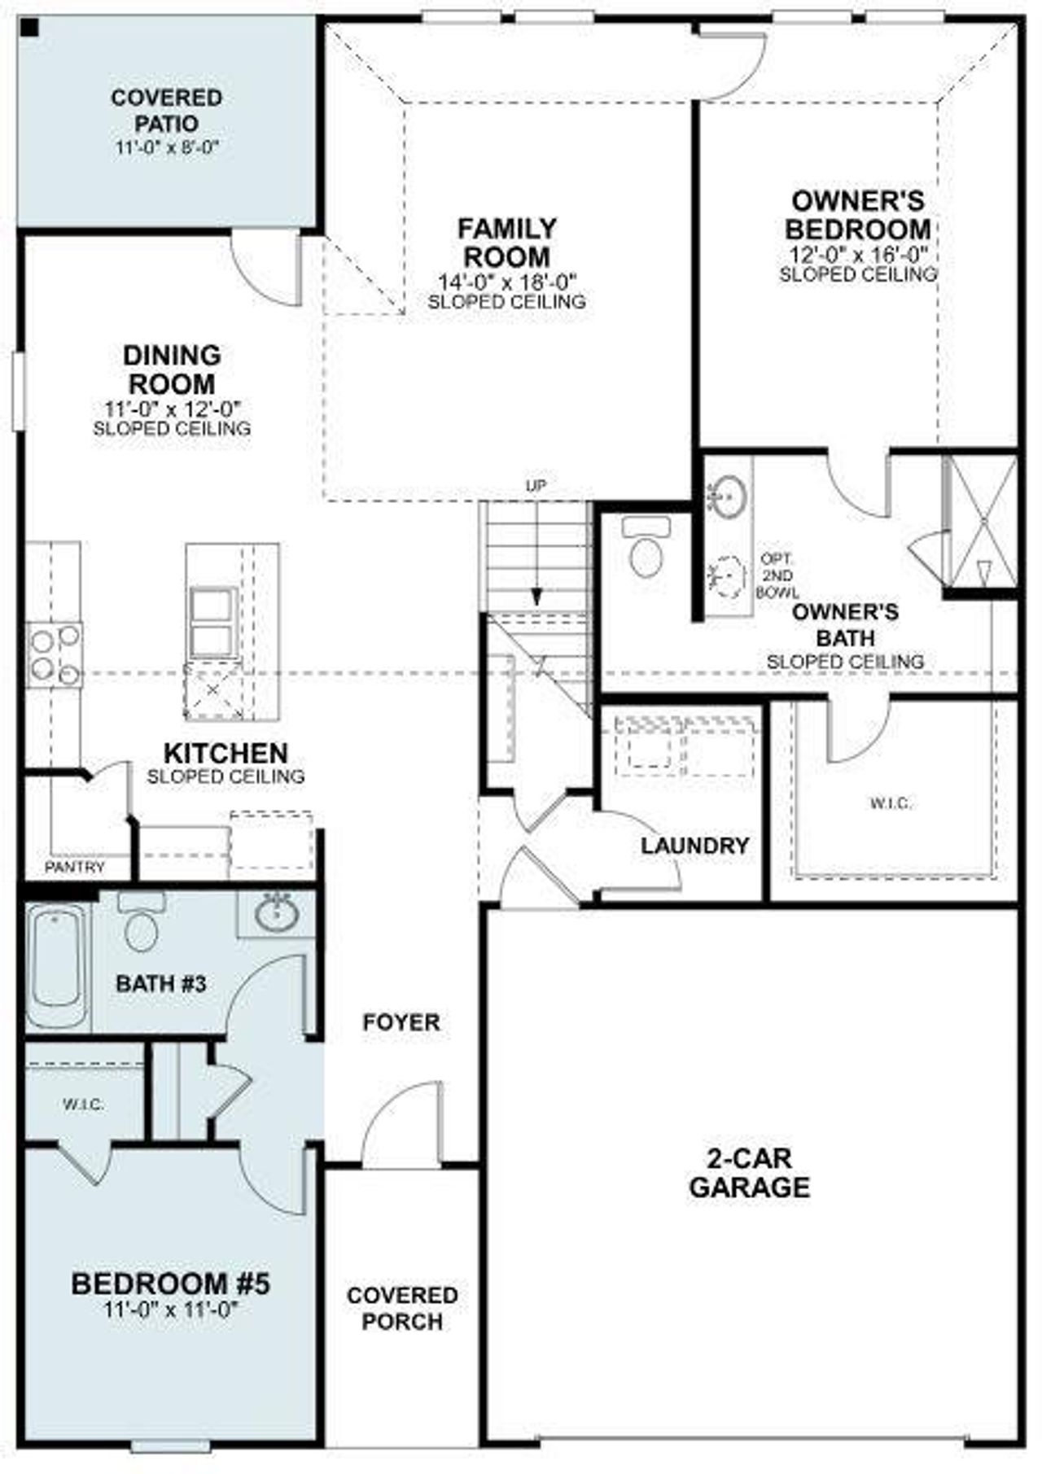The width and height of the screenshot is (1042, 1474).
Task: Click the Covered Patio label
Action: click(x=166, y=111)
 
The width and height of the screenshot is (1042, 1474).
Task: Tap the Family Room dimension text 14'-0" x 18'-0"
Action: click(x=507, y=282)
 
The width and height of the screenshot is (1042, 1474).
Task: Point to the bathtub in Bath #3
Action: click(x=58, y=968)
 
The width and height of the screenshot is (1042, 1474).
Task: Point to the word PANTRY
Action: click(x=75, y=868)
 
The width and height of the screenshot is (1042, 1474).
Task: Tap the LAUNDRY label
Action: click(x=694, y=846)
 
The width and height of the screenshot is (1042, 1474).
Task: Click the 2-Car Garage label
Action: click(x=750, y=1173)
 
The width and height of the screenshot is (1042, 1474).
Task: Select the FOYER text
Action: click(x=401, y=1021)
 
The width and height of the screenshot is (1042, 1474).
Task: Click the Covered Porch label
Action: click(x=402, y=1308)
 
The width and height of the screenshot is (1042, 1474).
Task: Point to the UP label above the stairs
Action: click(x=536, y=486)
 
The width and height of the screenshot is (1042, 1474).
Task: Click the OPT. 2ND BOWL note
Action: click(x=777, y=576)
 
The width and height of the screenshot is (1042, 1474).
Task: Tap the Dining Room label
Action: click(x=172, y=369)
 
